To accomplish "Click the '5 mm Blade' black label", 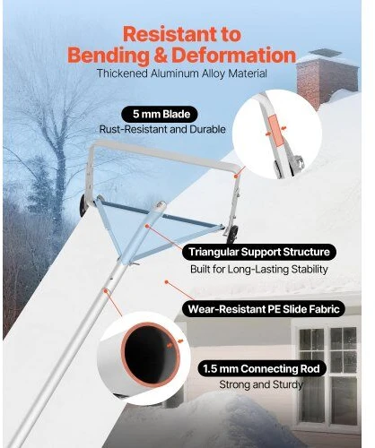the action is (160, 115).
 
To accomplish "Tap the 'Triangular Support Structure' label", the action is (259, 252).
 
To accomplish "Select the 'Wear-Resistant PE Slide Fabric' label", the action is (264, 309).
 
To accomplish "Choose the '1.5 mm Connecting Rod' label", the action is (262, 368).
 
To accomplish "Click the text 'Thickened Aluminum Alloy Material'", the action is (182, 73).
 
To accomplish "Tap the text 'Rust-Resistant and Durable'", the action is (162, 129).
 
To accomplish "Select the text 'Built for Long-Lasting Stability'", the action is (259, 270).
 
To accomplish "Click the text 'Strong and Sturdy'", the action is (261, 384).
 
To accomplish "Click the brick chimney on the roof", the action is (327, 78).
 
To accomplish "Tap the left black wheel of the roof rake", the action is (83, 207).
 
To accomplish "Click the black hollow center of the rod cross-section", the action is (150, 355).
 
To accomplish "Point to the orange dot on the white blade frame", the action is (236, 177).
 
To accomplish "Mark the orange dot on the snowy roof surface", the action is (166, 281).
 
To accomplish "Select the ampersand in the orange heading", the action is (161, 56).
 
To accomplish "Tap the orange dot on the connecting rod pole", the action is (105, 290).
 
